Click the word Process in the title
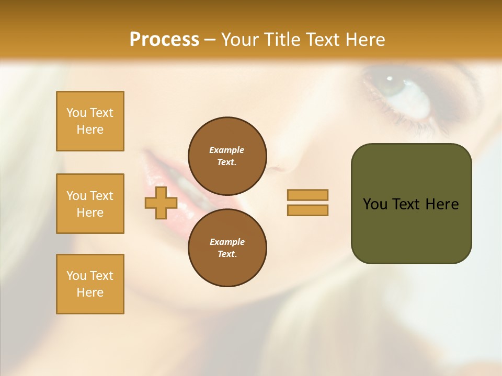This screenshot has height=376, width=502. click(x=164, y=40)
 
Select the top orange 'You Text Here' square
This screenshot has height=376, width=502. click(x=90, y=121)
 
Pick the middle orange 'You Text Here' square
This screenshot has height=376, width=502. click(x=90, y=204)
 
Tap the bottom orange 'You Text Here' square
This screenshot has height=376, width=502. click(x=90, y=284)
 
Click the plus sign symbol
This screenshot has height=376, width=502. click(x=161, y=203)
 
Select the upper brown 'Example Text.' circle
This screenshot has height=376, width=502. click(x=227, y=156)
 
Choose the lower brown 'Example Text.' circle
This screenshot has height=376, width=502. click(x=227, y=248)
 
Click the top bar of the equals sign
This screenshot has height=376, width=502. click(x=307, y=195)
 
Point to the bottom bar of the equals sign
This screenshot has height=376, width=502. click(x=307, y=210)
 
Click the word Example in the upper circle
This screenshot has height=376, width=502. click(x=227, y=150)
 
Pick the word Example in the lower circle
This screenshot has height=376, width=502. click(x=227, y=242)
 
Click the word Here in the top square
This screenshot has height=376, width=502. click(x=90, y=130)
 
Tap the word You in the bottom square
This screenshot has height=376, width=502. click(x=76, y=276)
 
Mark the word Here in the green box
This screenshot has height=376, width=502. click(x=442, y=204)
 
